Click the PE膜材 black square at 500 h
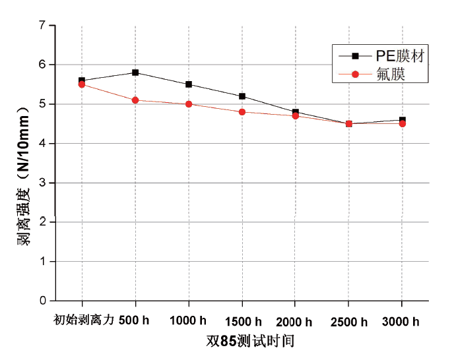pyautogui.click(x=135, y=73)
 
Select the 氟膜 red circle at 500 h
pyautogui.click(x=135, y=100)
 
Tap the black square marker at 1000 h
pyautogui.click(x=189, y=84)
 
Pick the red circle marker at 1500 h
pyautogui.click(x=242, y=112)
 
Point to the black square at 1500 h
pyautogui.click(x=242, y=96)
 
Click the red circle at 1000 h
pyautogui.click(x=189, y=104)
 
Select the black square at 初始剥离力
pyautogui.click(x=82, y=80)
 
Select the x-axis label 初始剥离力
pyautogui.click(x=84, y=321)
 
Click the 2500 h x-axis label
pyautogui.click(x=348, y=322)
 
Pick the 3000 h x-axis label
pyautogui.click(x=402, y=322)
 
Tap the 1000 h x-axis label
pyautogui.click(x=189, y=322)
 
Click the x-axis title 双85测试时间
pyautogui.click(x=249, y=342)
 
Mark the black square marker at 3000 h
pyautogui.click(x=402, y=120)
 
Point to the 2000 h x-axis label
pyautogui.click(x=295, y=322)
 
